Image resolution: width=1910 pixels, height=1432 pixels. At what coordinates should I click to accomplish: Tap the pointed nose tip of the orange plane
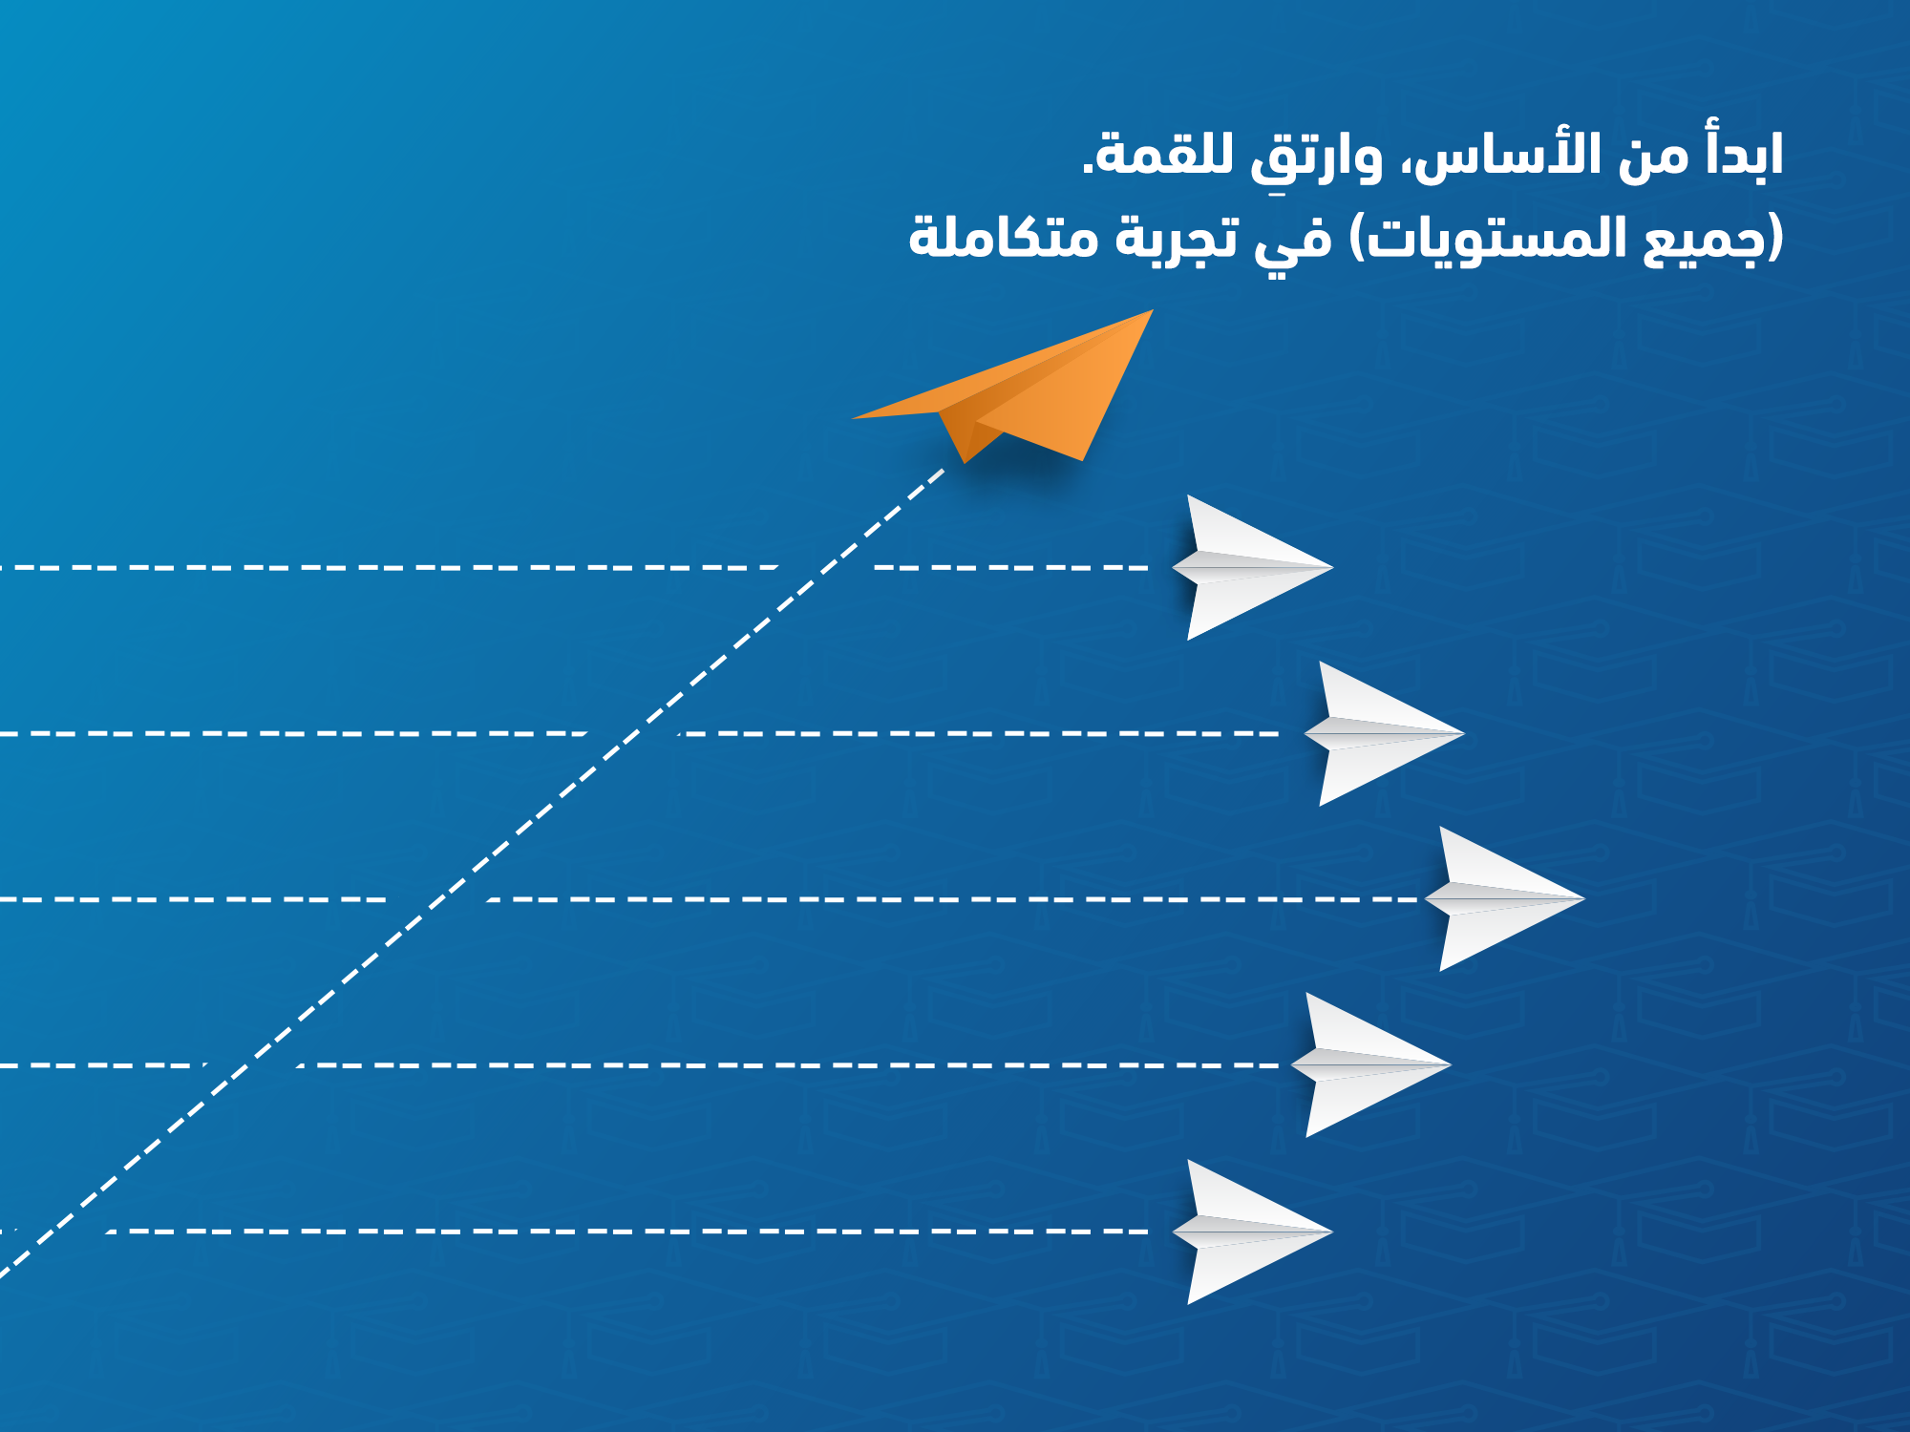(x=1151, y=311)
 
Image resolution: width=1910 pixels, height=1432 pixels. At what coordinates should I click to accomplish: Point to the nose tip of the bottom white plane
(x=1329, y=1232)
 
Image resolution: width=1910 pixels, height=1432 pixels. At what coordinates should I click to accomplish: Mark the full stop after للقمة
(x=1087, y=171)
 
